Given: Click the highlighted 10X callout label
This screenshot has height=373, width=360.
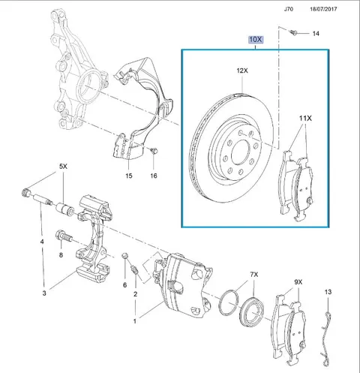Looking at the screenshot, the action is pos(256,40).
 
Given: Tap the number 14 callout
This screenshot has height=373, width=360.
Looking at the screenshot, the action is pos(316,34).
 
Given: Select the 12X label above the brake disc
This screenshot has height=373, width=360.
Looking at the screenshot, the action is pos(242,71).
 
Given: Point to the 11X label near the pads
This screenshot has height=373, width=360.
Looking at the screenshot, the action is pos(305,119).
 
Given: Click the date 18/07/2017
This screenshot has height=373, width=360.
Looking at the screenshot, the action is pos(323,9).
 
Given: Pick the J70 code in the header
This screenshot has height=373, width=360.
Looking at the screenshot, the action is pos(289,9).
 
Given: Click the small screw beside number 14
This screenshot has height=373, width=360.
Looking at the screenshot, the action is pos(293,32).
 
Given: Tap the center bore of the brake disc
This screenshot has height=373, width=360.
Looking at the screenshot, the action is pos(241,152).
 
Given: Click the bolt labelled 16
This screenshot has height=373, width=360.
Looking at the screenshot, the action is pos(154,151).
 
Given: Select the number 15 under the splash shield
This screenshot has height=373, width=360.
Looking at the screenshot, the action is pos(129,176).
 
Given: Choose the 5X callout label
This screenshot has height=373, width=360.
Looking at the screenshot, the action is pos(63,167).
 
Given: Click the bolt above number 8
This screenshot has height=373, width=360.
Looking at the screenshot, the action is pos(63,236).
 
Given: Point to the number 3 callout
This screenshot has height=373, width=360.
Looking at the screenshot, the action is pos(44,293).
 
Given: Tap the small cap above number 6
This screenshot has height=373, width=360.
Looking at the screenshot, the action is pos(124,255).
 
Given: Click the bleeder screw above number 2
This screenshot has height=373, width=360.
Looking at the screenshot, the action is pos(134,269).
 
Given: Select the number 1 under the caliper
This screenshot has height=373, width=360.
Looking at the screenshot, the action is pos(135,321).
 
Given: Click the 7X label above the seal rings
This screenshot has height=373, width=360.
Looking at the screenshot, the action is pos(254,275).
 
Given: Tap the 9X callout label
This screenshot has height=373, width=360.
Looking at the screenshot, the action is pos(298,282).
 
